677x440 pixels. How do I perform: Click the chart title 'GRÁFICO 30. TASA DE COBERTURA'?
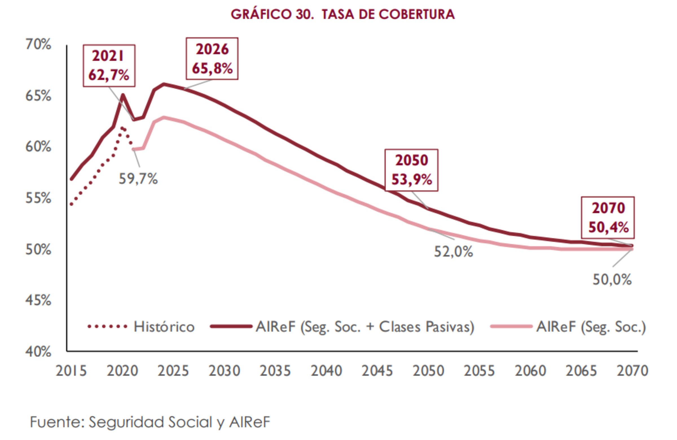[342, 14]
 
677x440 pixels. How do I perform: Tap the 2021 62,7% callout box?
[109, 66]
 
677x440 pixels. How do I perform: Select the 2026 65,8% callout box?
[212, 59]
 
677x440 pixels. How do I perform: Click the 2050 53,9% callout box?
[411, 170]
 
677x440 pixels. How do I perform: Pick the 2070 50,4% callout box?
[608, 217]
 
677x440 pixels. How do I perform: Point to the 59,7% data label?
[138, 179]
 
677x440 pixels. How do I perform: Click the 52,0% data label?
[453, 252]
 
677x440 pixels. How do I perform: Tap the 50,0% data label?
[612, 280]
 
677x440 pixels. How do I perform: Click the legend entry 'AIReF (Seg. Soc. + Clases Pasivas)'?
[342, 327]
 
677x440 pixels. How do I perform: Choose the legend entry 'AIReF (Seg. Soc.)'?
[569, 327]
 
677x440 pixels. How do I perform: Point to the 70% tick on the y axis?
[38, 45]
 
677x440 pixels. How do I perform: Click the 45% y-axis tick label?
[38, 300]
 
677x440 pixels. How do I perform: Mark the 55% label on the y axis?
[38, 198]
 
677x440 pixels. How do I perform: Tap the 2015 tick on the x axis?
[71, 371]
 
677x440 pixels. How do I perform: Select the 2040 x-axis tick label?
[326, 371]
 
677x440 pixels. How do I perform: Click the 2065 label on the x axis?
[581, 371]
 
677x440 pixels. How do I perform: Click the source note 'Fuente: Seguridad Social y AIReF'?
[150, 422]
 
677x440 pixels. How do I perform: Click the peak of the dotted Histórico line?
[122, 128]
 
